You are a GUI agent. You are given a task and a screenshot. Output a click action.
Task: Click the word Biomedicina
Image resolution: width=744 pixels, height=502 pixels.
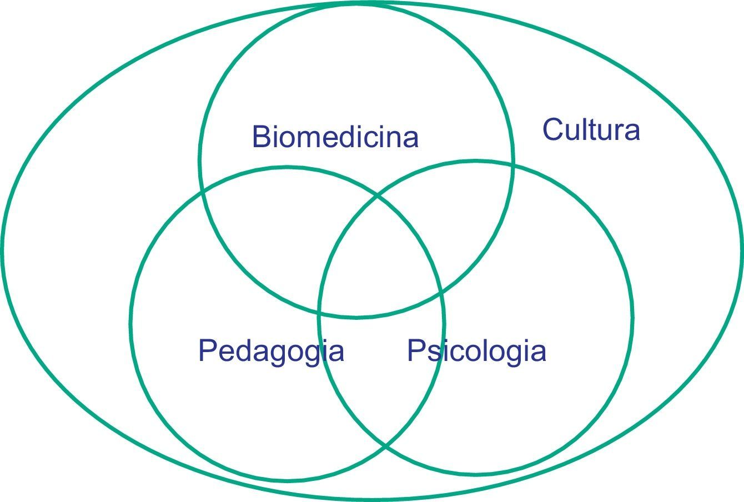point(335,137)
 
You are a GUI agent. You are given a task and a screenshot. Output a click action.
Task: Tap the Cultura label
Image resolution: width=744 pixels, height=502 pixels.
point(591,130)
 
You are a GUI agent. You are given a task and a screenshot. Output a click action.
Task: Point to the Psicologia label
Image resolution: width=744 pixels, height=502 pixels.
point(476,351)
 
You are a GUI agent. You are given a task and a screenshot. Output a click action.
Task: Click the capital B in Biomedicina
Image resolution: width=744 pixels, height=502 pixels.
point(260,137)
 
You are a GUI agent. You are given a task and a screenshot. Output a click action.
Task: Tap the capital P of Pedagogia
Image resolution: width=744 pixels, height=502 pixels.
point(207,350)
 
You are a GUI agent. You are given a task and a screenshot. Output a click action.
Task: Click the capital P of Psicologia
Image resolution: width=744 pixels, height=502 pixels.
point(416,350)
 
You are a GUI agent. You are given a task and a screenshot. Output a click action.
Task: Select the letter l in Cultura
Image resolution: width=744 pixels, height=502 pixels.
point(581,129)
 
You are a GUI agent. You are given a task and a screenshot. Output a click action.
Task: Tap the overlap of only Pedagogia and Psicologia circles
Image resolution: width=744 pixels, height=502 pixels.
point(383,378)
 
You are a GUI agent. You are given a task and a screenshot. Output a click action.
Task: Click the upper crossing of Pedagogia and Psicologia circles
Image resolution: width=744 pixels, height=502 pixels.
point(378,195)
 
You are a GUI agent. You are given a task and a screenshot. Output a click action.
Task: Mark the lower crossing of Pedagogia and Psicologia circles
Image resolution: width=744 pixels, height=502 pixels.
point(385,445)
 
